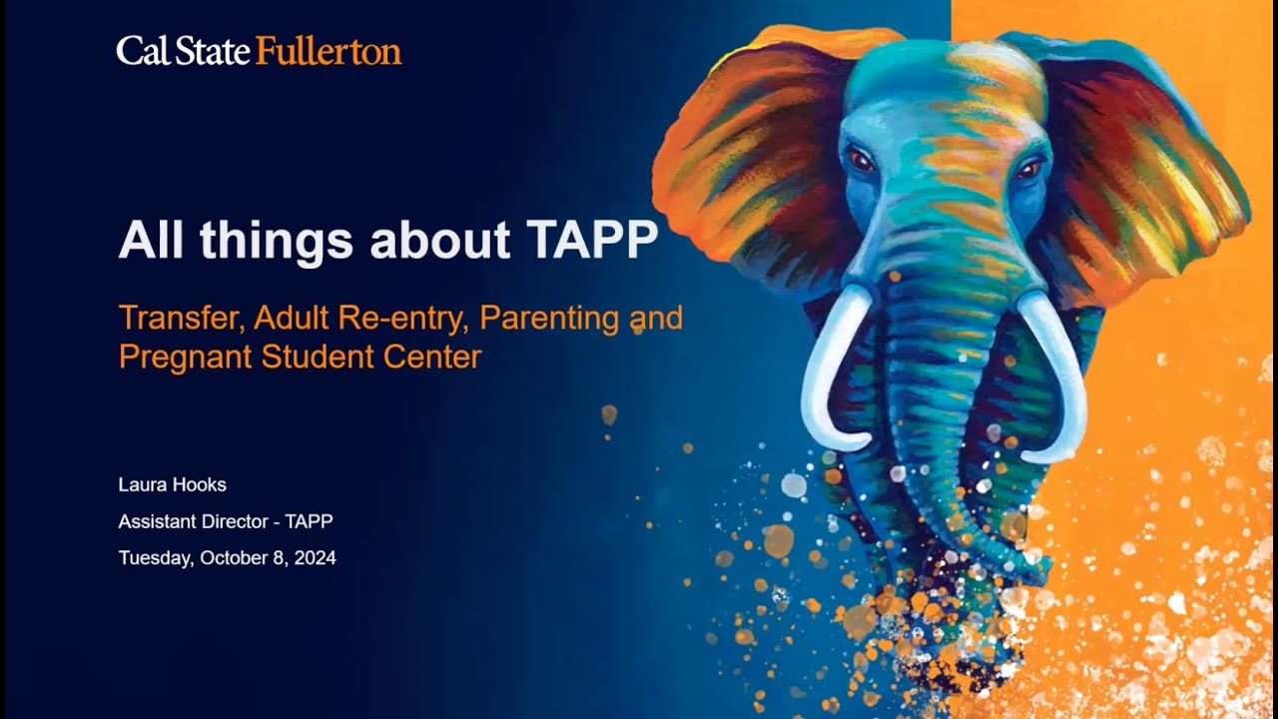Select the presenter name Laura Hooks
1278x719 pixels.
[173, 485]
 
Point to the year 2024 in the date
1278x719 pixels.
[316, 558]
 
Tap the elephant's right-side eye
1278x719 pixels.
[1028, 170]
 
